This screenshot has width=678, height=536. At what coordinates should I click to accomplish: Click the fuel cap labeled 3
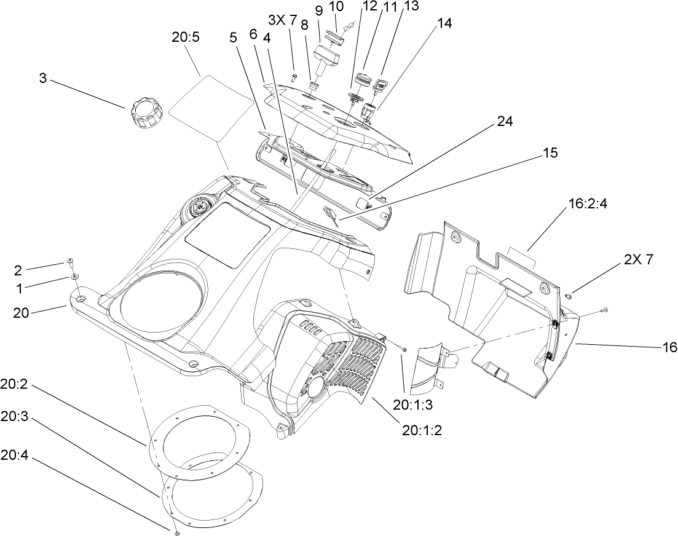point(146,114)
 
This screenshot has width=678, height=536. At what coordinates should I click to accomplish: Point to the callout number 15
point(550,153)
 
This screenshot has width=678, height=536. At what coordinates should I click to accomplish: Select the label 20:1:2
point(422,430)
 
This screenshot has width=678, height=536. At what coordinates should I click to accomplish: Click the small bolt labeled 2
point(71,262)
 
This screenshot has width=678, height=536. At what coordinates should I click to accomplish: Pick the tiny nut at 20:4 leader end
point(175,528)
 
